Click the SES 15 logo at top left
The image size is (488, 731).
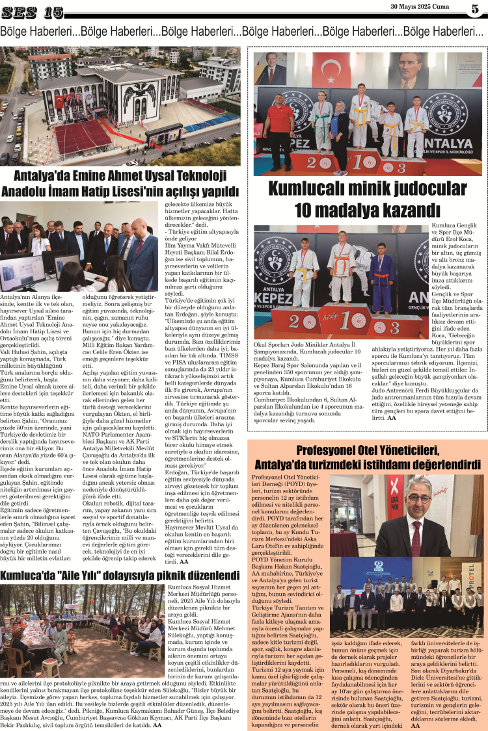click(x=33, y=12)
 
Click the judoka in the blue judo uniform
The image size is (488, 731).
click(x=383, y=272)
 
